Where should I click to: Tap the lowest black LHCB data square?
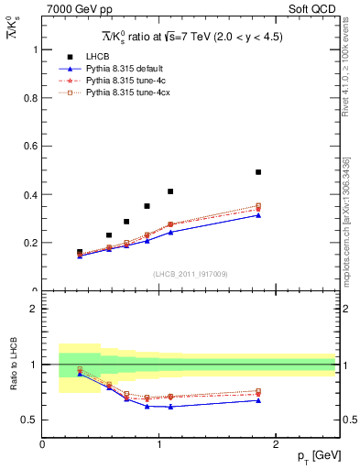pyautogui.click(x=80, y=252)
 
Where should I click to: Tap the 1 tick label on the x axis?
pyautogui.click(x=159, y=444)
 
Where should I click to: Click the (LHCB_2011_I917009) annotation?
pyautogui.click(x=189, y=274)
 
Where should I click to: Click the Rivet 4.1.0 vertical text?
pyautogui.click(x=346, y=69)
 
